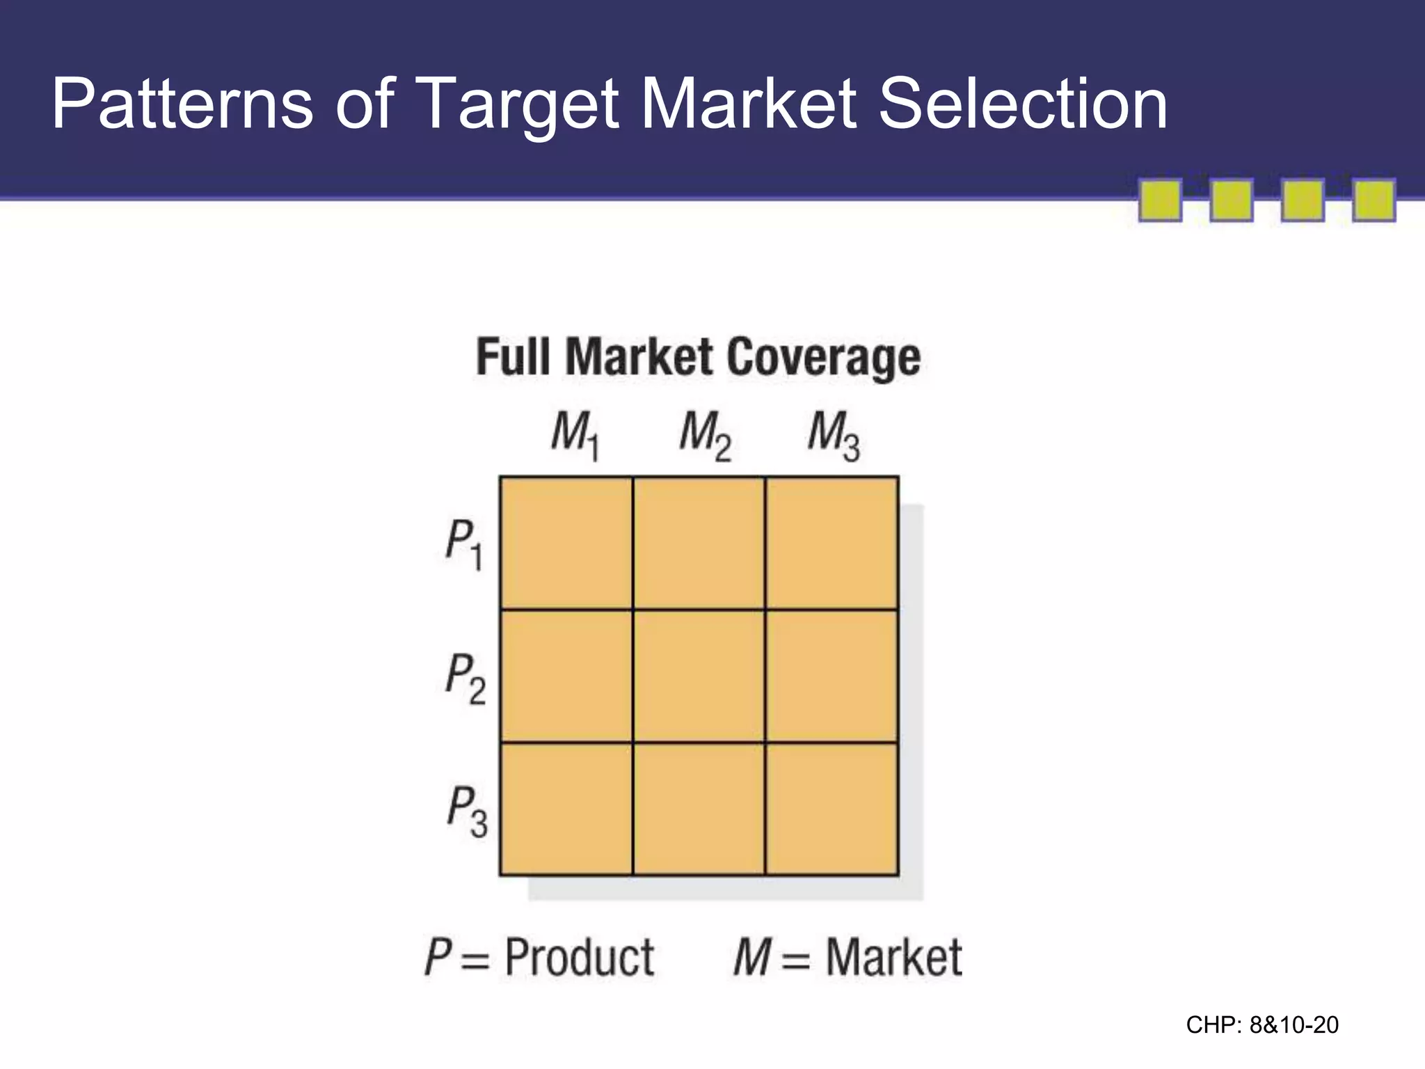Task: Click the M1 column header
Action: tap(575, 436)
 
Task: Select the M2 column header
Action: tap(704, 436)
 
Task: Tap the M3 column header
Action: tap(833, 436)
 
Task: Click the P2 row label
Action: tap(465, 678)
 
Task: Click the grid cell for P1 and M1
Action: tap(566, 543)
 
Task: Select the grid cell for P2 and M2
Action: tap(699, 676)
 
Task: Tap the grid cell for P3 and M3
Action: tap(831, 809)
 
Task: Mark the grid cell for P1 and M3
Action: tap(831, 543)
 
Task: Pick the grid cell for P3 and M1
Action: tap(566, 809)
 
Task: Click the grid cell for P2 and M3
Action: tap(831, 676)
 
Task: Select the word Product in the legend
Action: tap(579, 958)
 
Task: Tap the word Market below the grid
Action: tap(893, 958)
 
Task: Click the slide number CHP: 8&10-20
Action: tap(1262, 1025)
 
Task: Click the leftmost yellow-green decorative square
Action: tap(1160, 200)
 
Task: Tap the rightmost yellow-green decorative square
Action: tap(1374, 200)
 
